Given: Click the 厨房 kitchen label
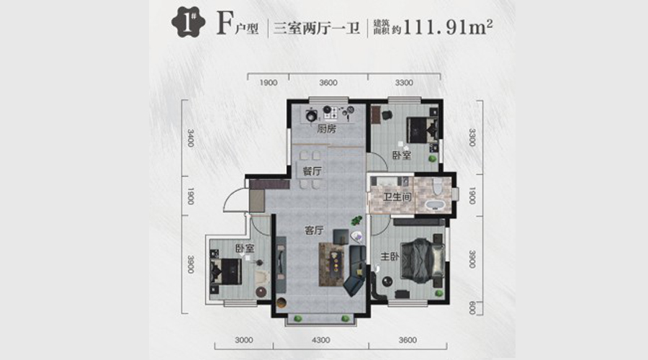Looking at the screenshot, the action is [326, 129].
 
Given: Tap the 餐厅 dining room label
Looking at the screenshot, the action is [312, 171].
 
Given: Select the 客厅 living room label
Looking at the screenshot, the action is [314, 230].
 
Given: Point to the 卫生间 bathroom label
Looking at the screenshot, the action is [397, 197].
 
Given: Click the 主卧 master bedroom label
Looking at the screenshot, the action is [390, 257].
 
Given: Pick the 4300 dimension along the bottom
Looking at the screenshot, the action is [320, 340].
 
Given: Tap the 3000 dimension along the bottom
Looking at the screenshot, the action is [244, 340].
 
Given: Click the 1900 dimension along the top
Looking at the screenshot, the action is [269, 83].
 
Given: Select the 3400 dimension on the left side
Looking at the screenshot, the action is [190, 138].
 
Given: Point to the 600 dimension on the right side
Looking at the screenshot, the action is [472, 308].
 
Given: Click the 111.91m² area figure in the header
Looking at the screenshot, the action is [448, 27].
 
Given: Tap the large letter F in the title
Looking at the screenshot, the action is [224, 24].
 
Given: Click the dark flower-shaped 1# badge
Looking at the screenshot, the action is [189, 24].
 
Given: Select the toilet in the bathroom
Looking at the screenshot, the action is [436, 186].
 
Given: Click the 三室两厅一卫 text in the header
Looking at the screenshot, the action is [317, 28].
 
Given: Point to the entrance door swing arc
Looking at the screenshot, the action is [229, 197].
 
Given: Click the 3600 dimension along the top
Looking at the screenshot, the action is [328, 83].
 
